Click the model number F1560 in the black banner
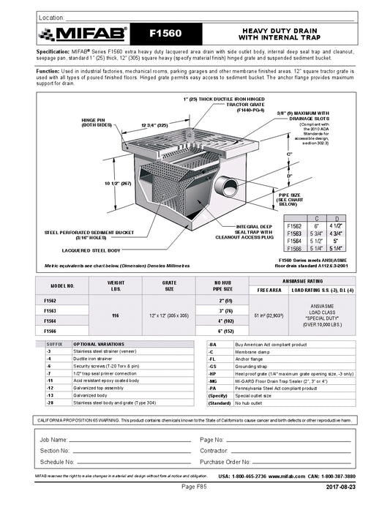pyautogui.click(x=165, y=33)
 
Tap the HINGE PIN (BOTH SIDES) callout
pyautogui.click(x=95, y=122)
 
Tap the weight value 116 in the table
pyautogui.click(x=116, y=315)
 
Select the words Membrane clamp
pyautogui.click(x=252, y=352)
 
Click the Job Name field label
pyautogui.click(x=55, y=439)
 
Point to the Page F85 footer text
pyautogui.click(x=195, y=487)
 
